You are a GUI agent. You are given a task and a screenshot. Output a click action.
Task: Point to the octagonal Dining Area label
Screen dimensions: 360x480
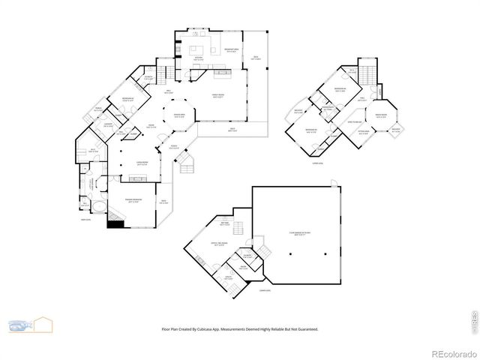(x=180, y=115)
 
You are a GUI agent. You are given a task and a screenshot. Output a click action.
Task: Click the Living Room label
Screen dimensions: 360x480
(x=141, y=162)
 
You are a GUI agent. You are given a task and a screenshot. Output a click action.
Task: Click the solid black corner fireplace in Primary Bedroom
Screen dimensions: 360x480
(x=114, y=222)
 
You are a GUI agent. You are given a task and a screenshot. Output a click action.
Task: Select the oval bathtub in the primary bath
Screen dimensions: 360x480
(x=97, y=205)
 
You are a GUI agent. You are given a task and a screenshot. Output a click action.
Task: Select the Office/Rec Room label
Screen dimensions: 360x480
(x=220, y=244)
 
